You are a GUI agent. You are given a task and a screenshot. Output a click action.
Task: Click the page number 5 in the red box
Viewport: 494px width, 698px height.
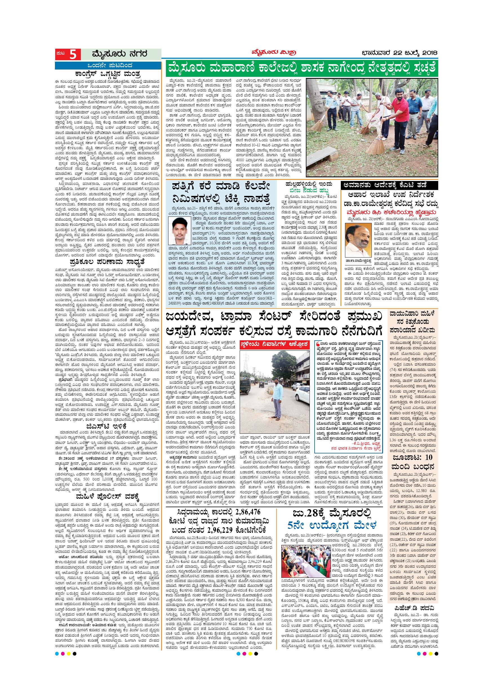click(73, 55)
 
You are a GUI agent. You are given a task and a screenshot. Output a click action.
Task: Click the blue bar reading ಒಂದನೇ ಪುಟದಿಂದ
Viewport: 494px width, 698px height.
click(108, 65)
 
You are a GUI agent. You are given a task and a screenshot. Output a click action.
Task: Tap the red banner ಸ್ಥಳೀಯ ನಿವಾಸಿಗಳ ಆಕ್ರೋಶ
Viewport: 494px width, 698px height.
click(275, 344)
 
